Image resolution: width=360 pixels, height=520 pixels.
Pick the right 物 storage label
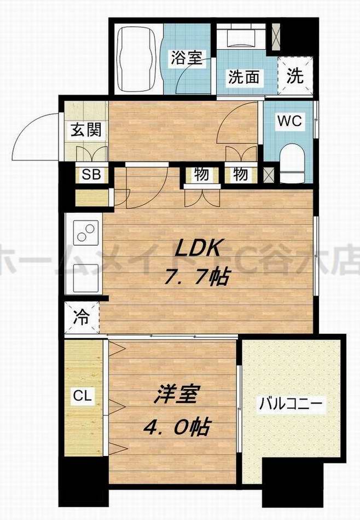click(x=240, y=175)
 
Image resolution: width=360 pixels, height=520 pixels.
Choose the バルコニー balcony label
click(x=291, y=406)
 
